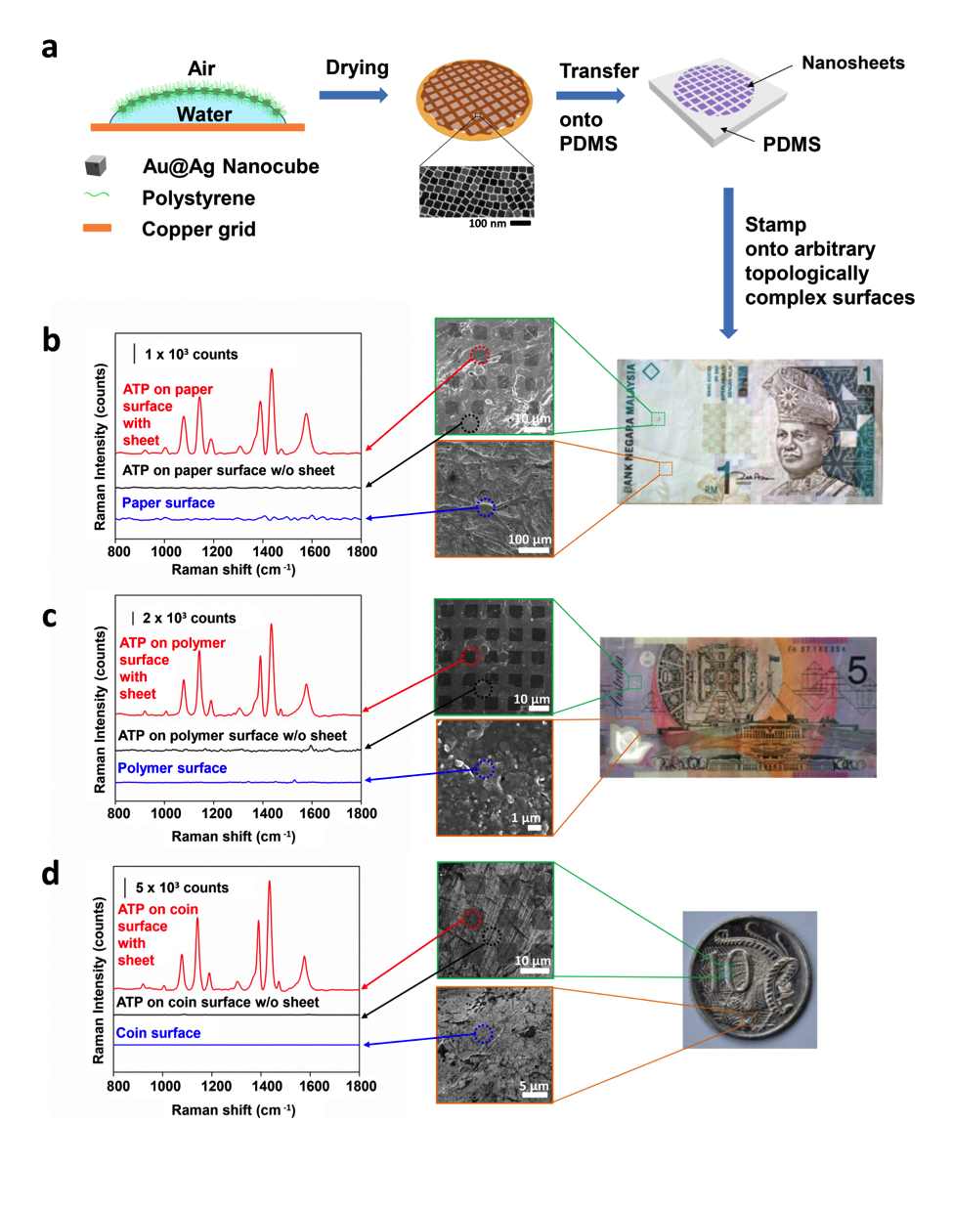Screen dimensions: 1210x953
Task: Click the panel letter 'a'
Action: coord(50,47)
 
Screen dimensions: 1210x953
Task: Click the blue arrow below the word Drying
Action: coord(353,95)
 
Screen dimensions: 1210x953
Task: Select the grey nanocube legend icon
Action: coord(95,165)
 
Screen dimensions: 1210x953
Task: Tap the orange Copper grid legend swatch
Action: coord(97,229)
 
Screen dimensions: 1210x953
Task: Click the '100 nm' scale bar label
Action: coord(487,224)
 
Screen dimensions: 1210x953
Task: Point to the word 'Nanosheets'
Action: coord(852,64)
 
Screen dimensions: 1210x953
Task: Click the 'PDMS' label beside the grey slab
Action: coord(791,145)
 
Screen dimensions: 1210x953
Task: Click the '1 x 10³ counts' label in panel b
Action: coord(191,354)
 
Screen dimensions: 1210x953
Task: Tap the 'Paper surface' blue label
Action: coord(168,503)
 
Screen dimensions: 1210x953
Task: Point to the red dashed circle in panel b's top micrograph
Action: coord(479,355)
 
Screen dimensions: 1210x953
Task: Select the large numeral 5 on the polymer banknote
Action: coord(856,670)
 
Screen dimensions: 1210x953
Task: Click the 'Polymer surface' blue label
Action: coord(172,768)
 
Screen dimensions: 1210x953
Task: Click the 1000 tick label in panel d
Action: coord(165,1086)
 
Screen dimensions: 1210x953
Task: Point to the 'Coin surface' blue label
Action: coord(158,1033)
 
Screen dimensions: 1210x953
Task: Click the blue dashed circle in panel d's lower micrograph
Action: coord(483,1033)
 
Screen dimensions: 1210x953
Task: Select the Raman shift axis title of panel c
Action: coord(234,837)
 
